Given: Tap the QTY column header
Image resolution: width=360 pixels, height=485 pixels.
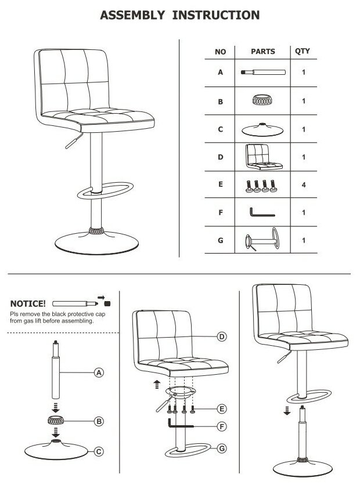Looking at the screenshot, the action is point(302,52).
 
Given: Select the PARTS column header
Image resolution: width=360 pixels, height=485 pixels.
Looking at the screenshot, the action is point(262,52).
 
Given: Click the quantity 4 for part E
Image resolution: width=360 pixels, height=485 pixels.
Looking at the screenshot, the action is point(303,186).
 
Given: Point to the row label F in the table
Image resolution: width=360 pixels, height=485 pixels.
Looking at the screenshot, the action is point(221,213).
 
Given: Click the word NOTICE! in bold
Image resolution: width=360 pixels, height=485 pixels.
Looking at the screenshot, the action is point(28,303).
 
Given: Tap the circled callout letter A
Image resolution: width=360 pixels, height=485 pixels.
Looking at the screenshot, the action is point(99,373).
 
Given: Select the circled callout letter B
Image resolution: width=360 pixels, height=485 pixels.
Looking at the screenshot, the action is point(99,421).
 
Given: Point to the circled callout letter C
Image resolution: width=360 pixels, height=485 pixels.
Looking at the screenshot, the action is point(99,451).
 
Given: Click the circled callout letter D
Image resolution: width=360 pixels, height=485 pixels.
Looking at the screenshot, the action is point(221,336).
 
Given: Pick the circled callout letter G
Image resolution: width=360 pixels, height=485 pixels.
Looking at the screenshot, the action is point(221,448).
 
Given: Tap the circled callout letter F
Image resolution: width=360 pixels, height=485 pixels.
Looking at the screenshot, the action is point(221,426).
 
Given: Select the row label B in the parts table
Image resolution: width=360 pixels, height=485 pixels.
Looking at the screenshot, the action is point(221,102).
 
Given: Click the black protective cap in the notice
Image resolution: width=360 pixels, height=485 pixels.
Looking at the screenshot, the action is point(107,303).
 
